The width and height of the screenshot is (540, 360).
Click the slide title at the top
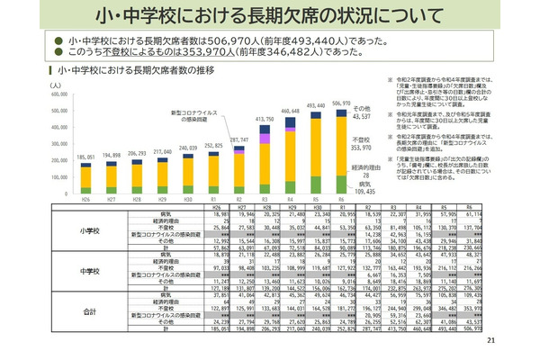click(269, 16)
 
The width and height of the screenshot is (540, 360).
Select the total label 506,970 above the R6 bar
click(366, 103)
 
